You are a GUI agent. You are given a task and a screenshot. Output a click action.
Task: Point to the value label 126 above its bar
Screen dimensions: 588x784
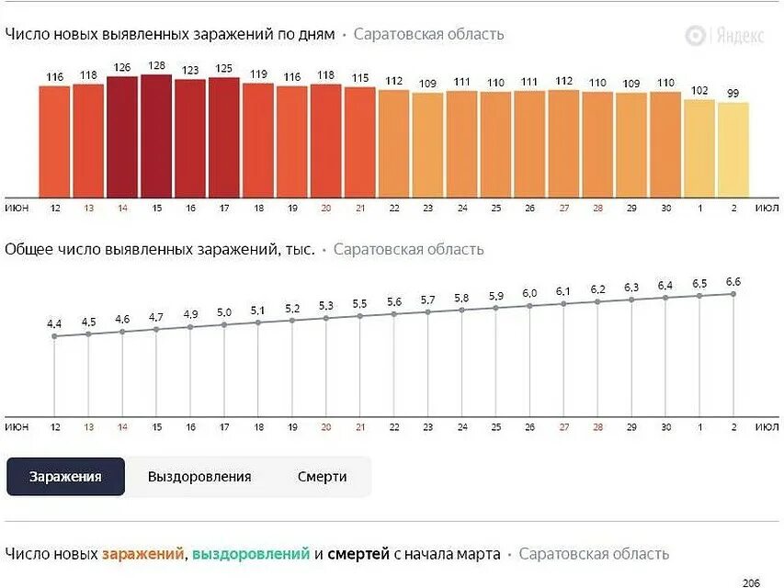(122, 67)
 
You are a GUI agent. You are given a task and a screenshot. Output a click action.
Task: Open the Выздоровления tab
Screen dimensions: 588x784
(199, 477)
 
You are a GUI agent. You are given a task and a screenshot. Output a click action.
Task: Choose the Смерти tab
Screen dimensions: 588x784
(322, 477)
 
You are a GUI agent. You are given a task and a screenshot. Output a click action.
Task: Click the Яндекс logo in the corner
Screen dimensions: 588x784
(724, 36)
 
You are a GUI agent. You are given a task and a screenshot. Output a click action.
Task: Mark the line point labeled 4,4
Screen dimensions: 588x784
(54, 336)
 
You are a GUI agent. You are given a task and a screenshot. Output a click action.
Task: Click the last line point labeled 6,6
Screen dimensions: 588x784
(733, 294)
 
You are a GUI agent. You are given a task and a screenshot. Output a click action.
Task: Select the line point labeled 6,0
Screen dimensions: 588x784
(529, 306)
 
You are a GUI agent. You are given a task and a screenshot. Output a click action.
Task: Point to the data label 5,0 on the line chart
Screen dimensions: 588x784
(224, 312)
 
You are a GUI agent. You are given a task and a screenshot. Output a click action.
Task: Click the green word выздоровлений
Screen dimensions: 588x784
(251, 554)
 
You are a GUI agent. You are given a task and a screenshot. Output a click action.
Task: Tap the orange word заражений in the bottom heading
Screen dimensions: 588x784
(142, 554)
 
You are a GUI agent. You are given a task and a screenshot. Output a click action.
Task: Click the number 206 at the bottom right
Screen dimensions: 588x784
(752, 582)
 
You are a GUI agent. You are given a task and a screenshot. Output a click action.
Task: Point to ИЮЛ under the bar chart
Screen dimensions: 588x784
(767, 209)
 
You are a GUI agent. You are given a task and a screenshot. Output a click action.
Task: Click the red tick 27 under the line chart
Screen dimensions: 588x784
(563, 427)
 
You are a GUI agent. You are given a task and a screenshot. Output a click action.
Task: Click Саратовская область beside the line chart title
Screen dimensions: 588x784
(408, 250)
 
